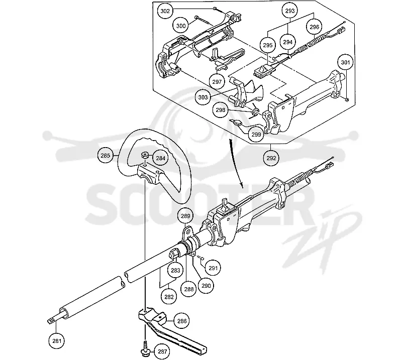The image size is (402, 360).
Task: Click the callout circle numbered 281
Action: click(x=57, y=341)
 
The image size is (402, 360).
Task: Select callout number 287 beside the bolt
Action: click(x=162, y=351)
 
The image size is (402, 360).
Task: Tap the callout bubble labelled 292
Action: click(x=271, y=158)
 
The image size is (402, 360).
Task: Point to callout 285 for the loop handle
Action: click(x=106, y=156)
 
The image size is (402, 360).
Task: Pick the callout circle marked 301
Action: click(x=345, y=62)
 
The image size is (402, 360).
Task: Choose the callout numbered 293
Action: click(x=290, y=11)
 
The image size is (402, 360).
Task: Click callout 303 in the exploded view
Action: click(x=203, y=97)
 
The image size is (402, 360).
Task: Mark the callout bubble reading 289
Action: click(x=185, y=216)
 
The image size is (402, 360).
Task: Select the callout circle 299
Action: click(x=256, y=135)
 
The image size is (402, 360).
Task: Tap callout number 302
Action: click(x=165, y=11)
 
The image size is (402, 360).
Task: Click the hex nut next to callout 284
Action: click(x=145, y=155)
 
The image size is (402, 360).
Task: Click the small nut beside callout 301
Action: click(x=346, y=99)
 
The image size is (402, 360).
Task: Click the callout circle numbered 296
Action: click(x=315, y=27)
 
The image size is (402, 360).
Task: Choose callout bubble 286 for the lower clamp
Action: click(x=182, y=321)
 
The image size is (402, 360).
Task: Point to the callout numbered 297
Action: click(x=217, y=82)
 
